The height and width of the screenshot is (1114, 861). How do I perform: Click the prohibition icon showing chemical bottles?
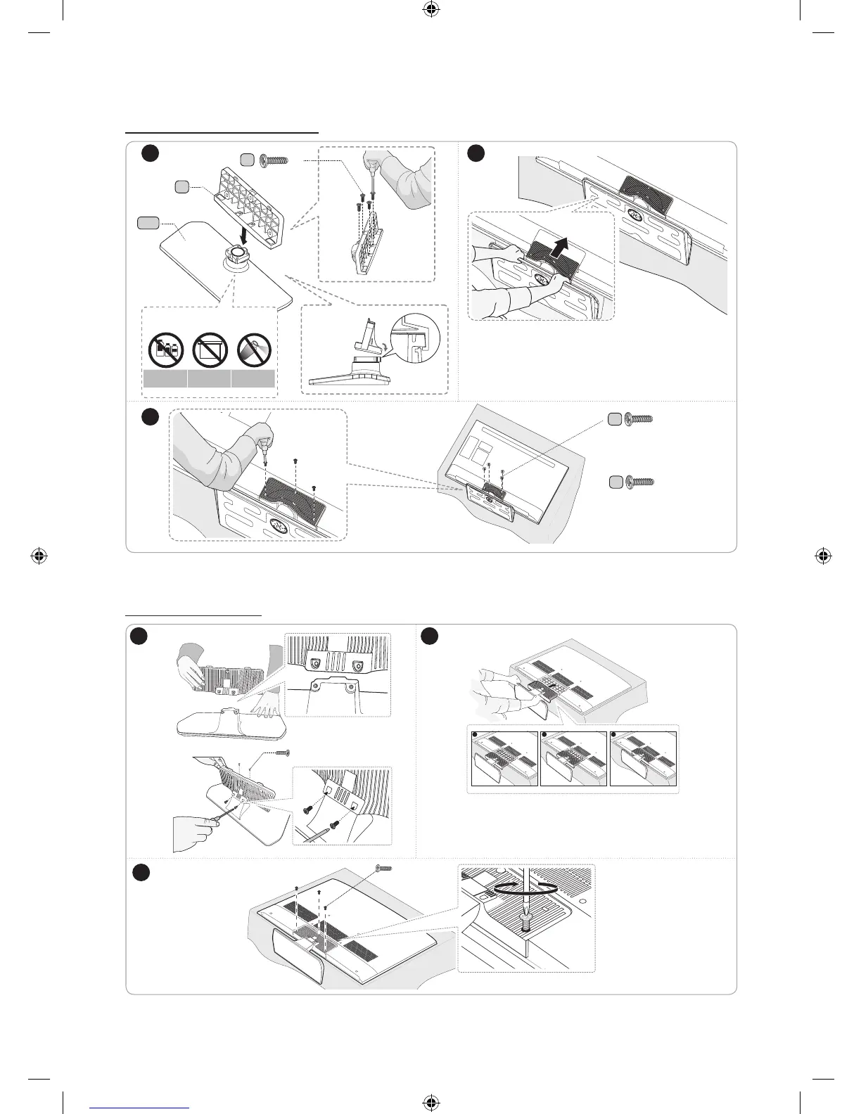pyautogui.click(x=165, y=349)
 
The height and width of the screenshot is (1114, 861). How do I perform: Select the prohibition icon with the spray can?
pyautogui.click(x=253, y=349)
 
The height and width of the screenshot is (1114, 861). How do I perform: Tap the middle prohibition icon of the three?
pyautogui.click(x=209, y=349)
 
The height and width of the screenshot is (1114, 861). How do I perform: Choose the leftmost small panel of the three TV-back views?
pyautogui.click(x=504, y=759)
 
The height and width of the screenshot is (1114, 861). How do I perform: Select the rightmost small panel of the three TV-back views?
pyautogui.click(x=643, y=759)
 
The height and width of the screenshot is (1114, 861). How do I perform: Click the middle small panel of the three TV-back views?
pyautogui.click(x=574, y=759)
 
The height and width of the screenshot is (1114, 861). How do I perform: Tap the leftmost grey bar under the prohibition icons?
pyautogui.click(x=165, y=379)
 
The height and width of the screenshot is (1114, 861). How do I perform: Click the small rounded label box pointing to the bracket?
pyautogui.click(x=181, y=186)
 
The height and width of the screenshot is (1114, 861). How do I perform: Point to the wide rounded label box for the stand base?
pyautogui.click(x=147, y=223)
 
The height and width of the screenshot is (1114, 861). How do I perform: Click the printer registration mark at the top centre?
pyautogui.click(x=431, y=9)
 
